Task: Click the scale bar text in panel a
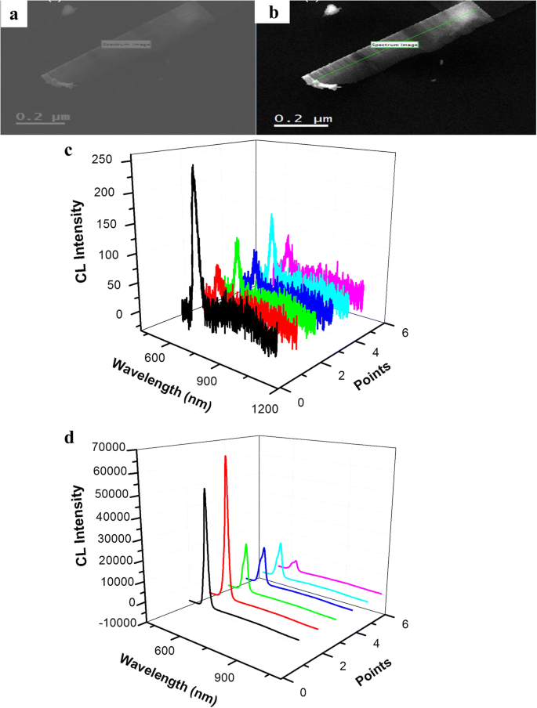44,117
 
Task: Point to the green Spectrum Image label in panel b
394,45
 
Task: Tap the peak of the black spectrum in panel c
193,166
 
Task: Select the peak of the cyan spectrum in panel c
272,215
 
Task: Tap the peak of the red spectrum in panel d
226,457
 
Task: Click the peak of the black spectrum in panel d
205,489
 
